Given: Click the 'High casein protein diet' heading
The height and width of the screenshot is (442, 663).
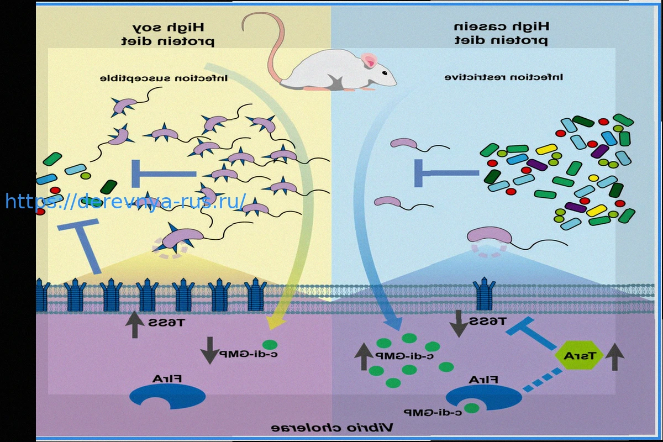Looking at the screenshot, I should pos(501,34).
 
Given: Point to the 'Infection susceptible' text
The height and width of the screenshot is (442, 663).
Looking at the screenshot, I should pos(164,78).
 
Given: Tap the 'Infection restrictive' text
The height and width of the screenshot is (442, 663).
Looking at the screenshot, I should pos(504,78).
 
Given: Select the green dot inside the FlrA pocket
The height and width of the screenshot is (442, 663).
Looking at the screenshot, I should pos(471,408).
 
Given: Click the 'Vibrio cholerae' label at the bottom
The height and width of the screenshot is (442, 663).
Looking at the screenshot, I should pos(332,428).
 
